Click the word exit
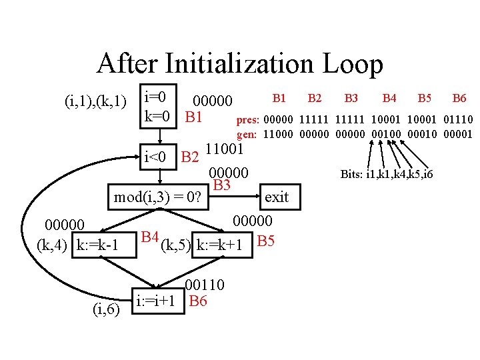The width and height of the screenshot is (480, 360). (277, 197)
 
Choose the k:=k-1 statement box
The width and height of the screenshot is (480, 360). (98, 245)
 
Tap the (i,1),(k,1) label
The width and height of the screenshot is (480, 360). (95, 101)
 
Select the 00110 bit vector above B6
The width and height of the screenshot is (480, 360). (205, 285)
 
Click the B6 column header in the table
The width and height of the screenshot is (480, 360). (459, 99)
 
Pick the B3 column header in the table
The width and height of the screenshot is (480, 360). (351, 99)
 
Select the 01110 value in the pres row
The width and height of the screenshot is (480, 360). (457, 120)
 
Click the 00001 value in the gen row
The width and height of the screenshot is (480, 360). (457, 133)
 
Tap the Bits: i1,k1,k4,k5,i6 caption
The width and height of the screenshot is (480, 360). (387, 175)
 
